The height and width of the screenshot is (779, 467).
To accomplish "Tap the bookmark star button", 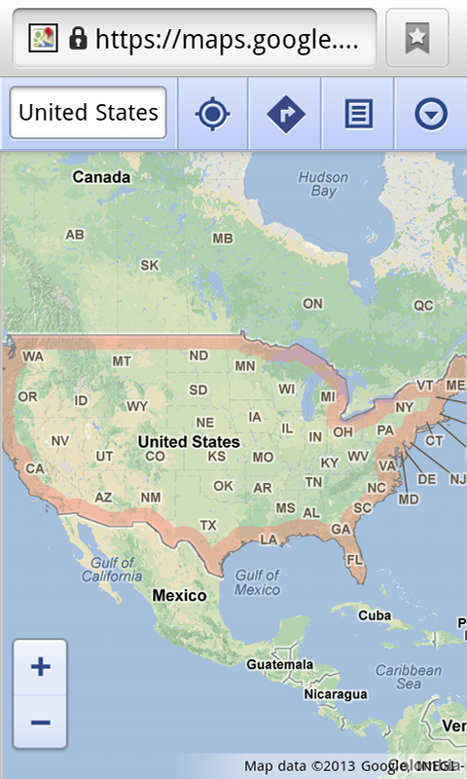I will (416, 38).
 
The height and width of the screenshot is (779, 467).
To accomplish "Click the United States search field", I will (89, 113).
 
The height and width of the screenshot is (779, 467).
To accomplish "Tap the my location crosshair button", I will (212, 114).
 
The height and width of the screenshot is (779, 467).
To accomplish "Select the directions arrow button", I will (285, 114).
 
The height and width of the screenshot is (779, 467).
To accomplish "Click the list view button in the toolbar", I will (358, 114).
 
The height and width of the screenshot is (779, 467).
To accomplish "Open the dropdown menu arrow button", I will (431, 114).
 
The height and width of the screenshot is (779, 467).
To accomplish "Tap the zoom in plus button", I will (40, 667).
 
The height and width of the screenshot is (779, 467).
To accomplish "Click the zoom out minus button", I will (40, 722).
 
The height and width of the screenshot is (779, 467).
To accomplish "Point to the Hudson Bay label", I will (316, 184).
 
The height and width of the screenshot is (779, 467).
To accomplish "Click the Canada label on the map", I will (101, 177).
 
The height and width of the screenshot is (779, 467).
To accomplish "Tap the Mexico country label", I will (179, 595).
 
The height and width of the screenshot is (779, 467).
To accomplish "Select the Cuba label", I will (375, 615).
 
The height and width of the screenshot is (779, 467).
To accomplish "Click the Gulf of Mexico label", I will (257, 582).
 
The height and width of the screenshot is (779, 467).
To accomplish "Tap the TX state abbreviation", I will (208, 525).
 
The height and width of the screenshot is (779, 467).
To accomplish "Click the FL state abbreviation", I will (354, 559).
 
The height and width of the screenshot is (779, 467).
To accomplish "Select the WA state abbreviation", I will (33, 356).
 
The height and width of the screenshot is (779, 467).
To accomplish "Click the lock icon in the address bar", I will (78, 38).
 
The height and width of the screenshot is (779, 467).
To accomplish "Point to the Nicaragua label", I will (307, 694).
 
